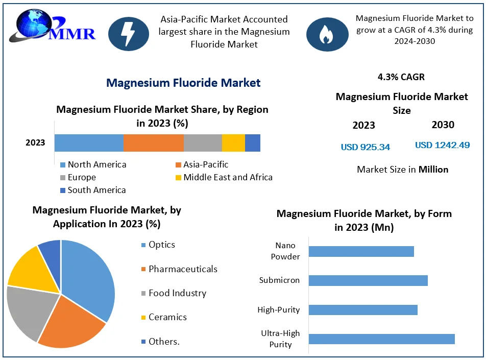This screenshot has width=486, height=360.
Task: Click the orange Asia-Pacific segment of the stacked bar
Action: (153, 143)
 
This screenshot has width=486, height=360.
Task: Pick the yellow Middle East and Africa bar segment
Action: (233, 143)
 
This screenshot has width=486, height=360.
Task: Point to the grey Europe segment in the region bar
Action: (203, 143)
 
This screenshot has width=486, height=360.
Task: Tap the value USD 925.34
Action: (366, 147)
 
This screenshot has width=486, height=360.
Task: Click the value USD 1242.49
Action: (442, 145)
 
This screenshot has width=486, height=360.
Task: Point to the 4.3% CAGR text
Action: (401, 77)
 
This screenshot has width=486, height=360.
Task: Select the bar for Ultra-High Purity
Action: (381, 339)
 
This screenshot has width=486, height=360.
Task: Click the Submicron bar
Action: (368, 280)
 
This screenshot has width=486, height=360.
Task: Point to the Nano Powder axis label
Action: (285, 251)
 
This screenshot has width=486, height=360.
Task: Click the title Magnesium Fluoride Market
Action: (183, 83)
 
